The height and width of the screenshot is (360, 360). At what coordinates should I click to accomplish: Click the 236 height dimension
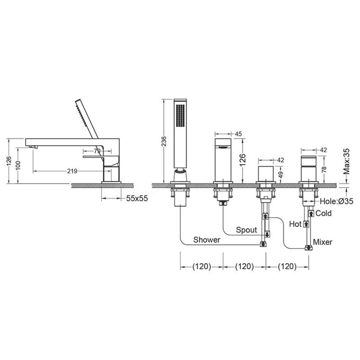(164, 141)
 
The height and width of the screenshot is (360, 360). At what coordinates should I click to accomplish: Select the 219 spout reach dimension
(72, 171)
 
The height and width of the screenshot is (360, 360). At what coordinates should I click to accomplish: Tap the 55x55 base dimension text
(137, 198)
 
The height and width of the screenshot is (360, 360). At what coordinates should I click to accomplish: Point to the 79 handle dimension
(97, 151)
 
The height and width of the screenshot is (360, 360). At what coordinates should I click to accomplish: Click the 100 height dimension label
(18, 165)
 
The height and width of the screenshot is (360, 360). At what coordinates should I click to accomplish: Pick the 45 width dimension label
(238, 134)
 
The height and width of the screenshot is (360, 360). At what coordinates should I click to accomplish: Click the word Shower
(207, 240)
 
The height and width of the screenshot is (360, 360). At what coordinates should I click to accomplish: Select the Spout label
(246, 230)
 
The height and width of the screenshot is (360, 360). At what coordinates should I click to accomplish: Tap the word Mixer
(322, 242)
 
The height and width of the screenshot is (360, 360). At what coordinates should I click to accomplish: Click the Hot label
(295, 224)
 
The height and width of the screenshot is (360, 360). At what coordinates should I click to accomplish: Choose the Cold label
(324, 213)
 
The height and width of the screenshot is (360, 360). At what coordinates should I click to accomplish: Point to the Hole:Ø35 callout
(337, 201)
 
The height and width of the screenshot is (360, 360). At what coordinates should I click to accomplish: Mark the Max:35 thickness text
(346, 161)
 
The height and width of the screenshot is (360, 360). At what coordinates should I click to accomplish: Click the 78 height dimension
(324, 169)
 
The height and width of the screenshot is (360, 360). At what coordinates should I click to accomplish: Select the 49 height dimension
(281, 175)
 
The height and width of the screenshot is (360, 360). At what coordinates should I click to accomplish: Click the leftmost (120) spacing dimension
(201, 266)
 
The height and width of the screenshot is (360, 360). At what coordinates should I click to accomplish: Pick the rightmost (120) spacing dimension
(287, 266)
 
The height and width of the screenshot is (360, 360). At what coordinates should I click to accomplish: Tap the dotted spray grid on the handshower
(180, 115)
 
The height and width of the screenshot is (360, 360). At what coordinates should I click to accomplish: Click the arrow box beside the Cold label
(311, 213)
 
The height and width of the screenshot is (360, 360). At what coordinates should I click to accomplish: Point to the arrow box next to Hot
(306, 224)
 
